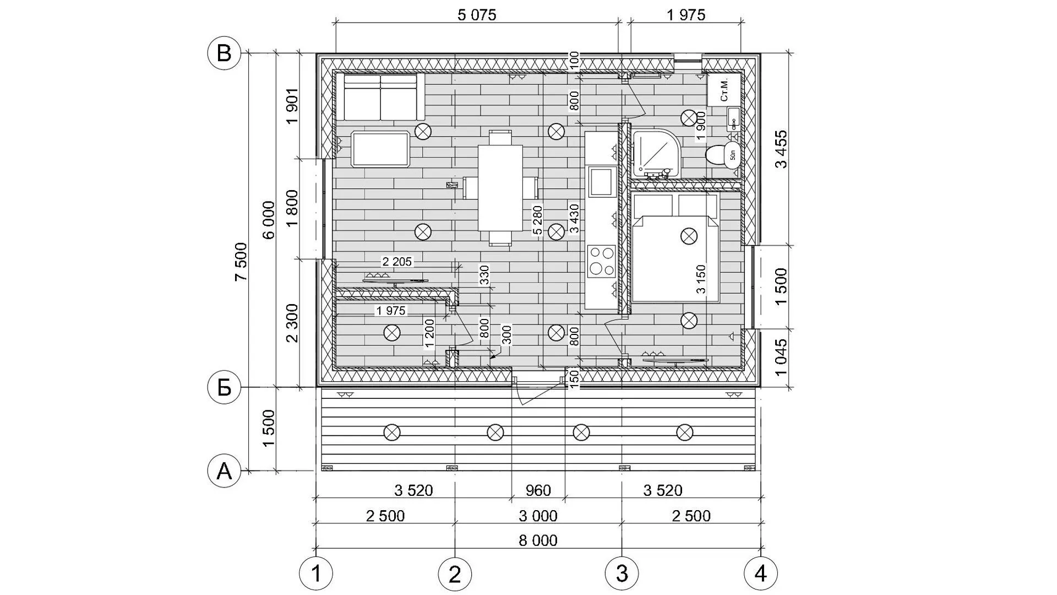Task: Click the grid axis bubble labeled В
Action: coord(224,53)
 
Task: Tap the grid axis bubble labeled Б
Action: coord(224,388)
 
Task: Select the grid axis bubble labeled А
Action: coord(224,471)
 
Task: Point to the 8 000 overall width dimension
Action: coord(538,540)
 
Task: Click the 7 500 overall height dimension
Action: coord(241,262)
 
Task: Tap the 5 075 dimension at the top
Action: coord(477,15)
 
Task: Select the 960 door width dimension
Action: coord(538,490)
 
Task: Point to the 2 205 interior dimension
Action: coord(397,262)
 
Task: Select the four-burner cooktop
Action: coord(601,261)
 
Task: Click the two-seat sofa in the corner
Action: coord(380,96)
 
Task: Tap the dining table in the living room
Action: coord(500,187)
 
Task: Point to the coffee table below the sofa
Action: coord(380,149)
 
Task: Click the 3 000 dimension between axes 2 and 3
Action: coord(538,516)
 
